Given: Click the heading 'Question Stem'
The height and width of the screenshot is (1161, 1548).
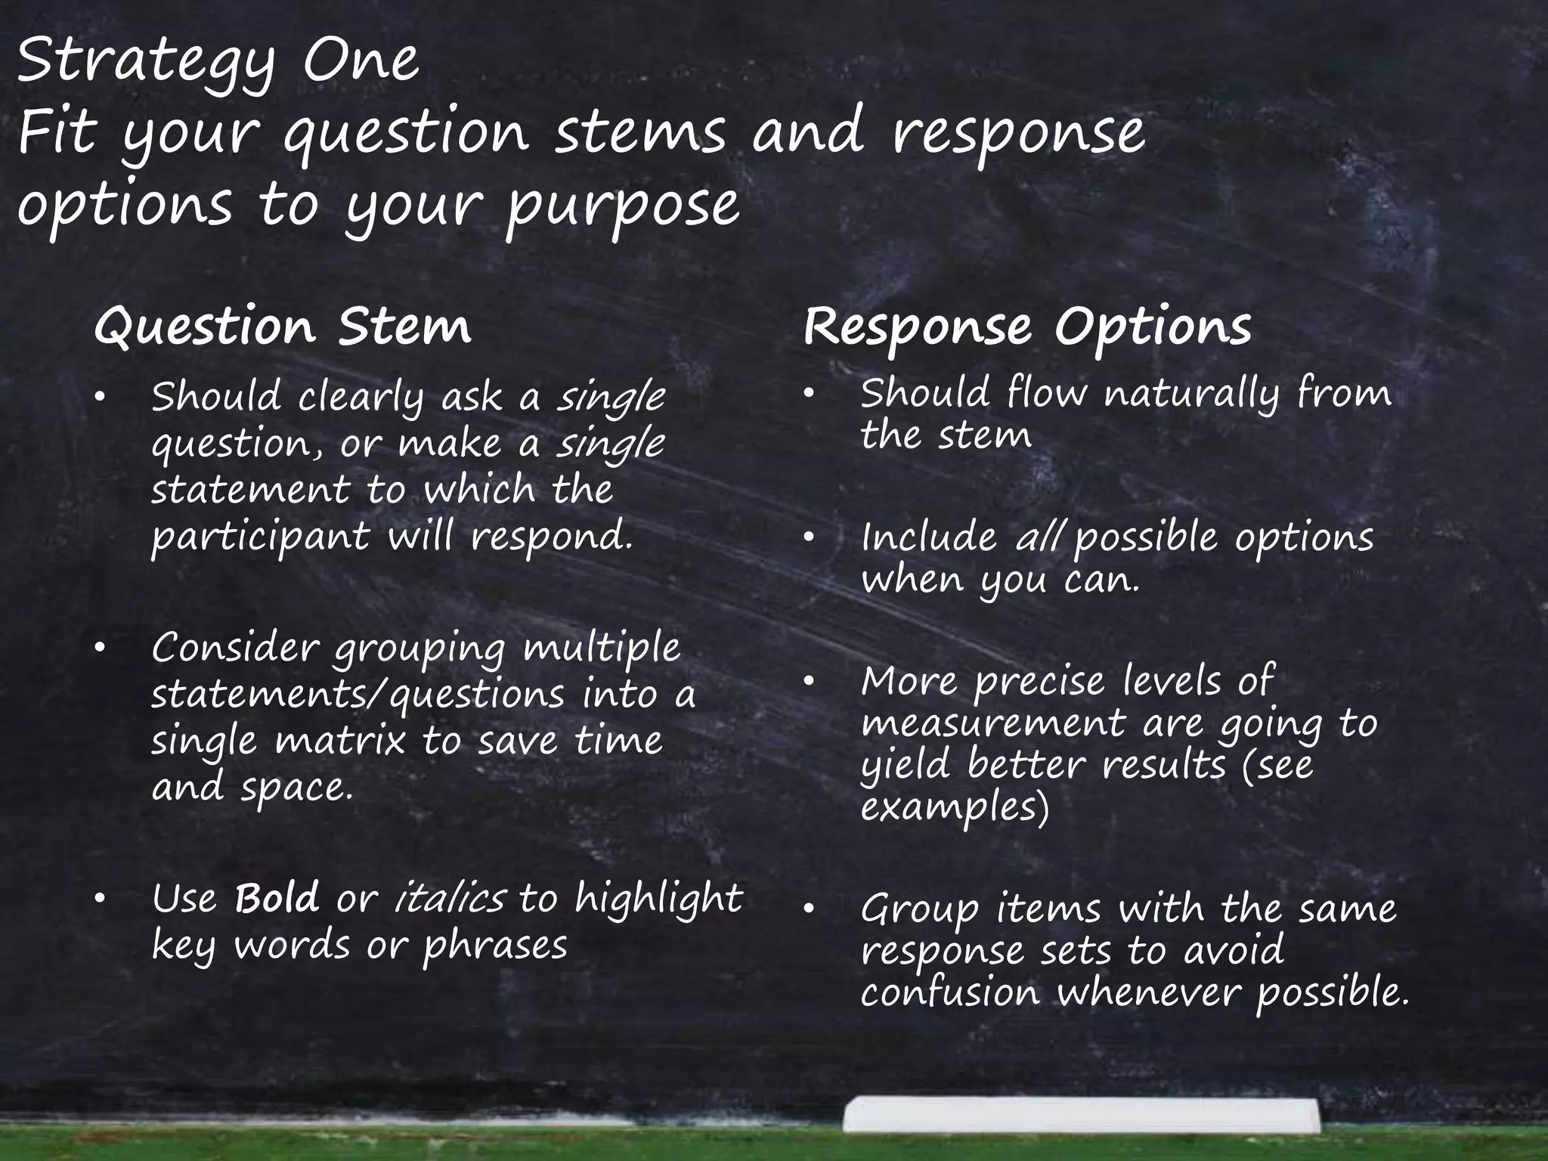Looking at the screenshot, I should point(283,327).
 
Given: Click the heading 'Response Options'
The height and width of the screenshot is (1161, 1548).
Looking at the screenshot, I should point(1027,327).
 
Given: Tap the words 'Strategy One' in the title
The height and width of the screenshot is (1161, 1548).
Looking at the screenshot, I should point(218,62).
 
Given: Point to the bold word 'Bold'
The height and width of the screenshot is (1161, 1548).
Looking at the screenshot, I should point(277,899).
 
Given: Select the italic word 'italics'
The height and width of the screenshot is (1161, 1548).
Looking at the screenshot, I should point(450,899).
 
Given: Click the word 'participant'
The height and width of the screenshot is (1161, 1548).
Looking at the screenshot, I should point(261,537).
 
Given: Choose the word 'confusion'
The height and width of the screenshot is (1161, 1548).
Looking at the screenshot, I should point(950,992).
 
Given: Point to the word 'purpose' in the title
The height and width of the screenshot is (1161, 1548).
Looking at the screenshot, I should point(622,206).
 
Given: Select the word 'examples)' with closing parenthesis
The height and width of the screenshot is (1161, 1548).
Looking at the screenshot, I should point(955,808).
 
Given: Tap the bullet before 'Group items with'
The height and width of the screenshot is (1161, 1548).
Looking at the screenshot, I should point(808,909).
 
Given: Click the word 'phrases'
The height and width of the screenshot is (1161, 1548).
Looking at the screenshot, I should point(495,946).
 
